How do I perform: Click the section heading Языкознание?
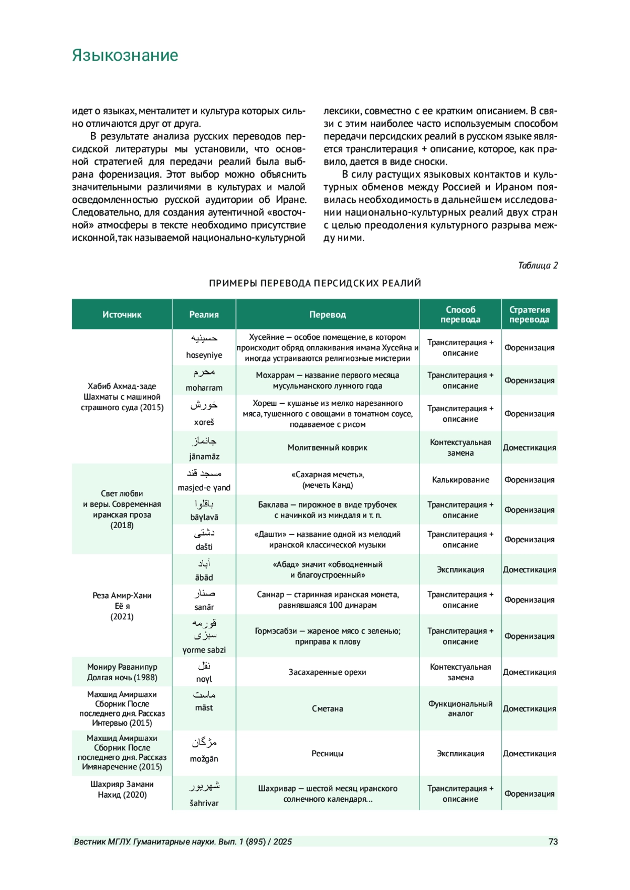click(x=125, y=56)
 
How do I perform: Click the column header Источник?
click(x=122, y=315)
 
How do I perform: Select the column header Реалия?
click(x=204, y=315)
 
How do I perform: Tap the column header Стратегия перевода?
click(x=529, y=315)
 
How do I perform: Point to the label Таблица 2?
click(x=538, y=265)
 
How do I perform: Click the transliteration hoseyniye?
click(x=204, y=355)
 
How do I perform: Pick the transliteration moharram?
click(x=204, y=388)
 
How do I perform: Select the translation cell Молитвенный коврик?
click(x=327, y=448)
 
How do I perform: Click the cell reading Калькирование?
click(x=460, y=480)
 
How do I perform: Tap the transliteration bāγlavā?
click(x=204, y=518)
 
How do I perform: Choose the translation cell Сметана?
click(x=327, y=709)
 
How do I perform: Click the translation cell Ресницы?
click(x=327, y=754)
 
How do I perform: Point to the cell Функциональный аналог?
click(x=460, y=709)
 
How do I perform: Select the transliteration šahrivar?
click(x=204, y=803)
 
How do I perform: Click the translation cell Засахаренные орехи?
click(x=327, y=672)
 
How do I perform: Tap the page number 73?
click(x=553, y=842)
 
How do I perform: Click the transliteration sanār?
click(x=204, y=607)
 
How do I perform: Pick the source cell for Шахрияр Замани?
click(x=122, y=789)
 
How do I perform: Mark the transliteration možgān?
click(x=204, y=759)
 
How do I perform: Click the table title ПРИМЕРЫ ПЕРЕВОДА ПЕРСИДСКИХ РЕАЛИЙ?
click(x=315, y=284)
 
